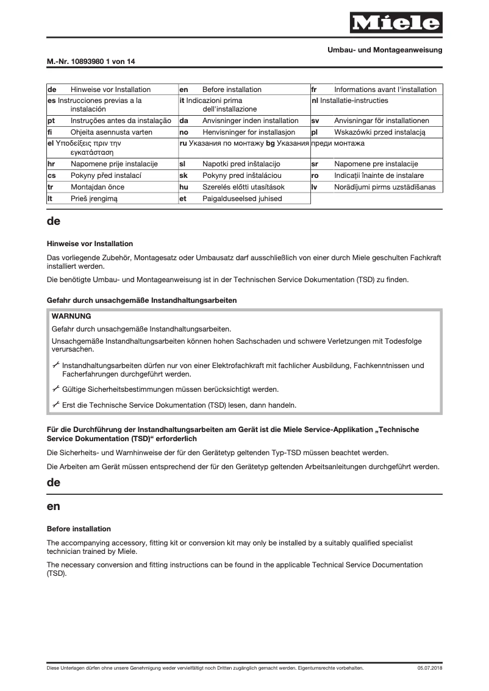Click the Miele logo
click(395, 23)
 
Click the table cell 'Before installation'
click(232, 90)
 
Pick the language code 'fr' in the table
click(315, 90)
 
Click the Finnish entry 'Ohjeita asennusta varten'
click(111, 132)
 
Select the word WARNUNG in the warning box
click(71, 316)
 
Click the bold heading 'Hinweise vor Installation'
click(90, 244)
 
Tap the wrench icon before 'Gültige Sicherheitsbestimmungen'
click(56, 388)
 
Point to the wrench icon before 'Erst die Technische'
click(56, 404)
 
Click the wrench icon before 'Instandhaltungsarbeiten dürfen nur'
click(56, 365)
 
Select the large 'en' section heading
click(54, 506)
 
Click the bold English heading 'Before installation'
click(79, 528)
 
